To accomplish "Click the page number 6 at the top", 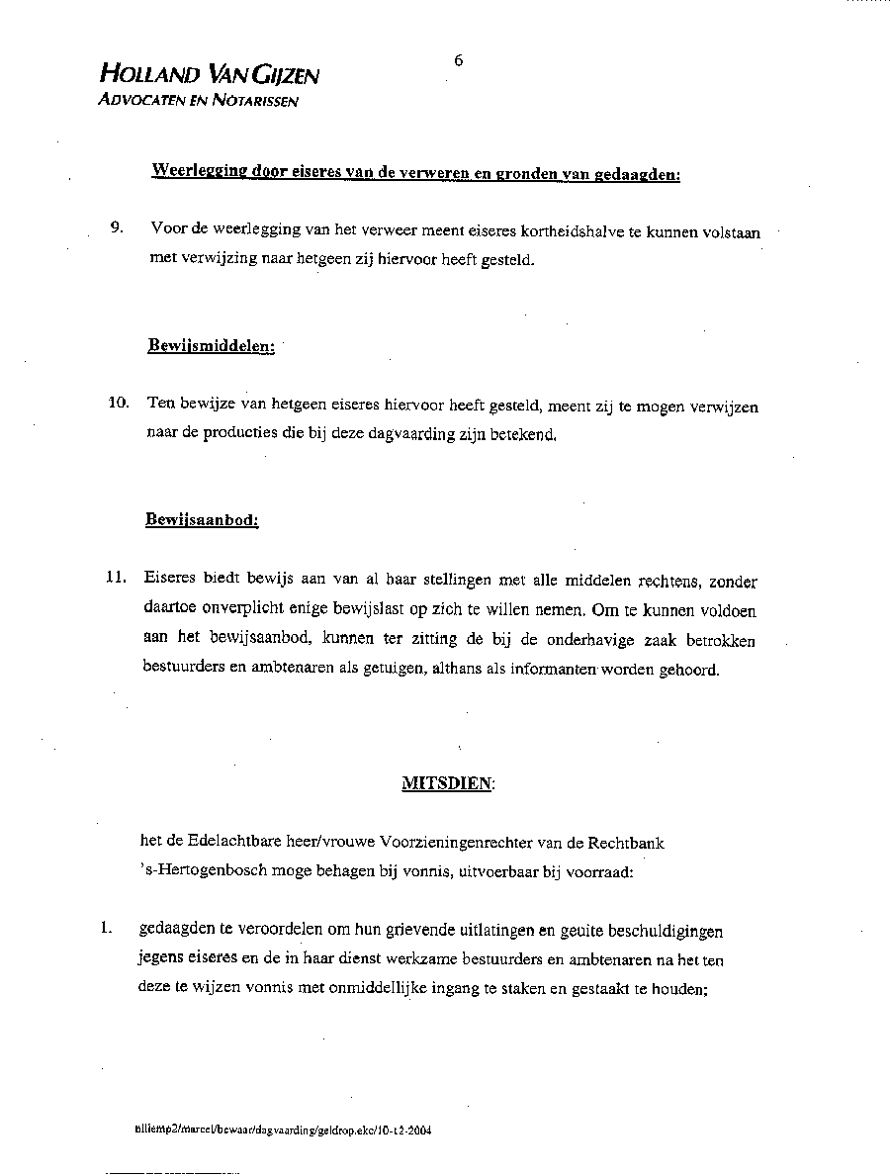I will [459, 60].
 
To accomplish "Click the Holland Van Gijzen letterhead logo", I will [209, 74].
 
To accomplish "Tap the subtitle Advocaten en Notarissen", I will [198, 100].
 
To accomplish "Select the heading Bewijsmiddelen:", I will [212, 346].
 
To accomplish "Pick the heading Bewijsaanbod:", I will [202, 519].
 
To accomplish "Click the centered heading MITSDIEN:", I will [448, 783].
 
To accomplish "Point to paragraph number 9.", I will [117, 228].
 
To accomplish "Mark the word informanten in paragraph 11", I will [554, 670].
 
